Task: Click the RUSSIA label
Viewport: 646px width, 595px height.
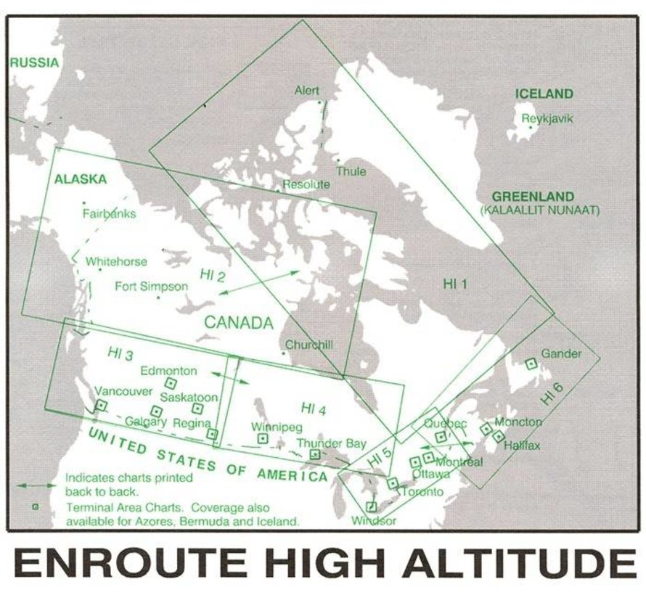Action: pos(34,62)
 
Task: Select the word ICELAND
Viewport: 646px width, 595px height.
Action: pos(544,94)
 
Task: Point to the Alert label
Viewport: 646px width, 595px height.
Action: pos(306,91)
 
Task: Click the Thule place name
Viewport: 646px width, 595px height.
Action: pos(351,172)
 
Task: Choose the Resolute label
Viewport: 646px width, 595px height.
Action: pos(306,184)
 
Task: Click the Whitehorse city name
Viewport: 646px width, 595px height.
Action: pos(116,262)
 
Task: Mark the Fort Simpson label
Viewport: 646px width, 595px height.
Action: pos(151,287)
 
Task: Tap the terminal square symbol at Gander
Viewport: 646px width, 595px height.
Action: pos(531,362)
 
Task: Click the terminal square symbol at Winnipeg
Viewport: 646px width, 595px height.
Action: pos(263,438)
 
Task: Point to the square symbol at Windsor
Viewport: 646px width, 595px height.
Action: pos(372,506)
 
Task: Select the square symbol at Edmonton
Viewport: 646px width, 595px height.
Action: pos(171,382)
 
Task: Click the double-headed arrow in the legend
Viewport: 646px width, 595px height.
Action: pos(35,484)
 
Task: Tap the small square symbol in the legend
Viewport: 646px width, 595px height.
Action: pos(35,507)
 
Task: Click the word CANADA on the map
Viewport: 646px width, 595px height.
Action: pos(239,323)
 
